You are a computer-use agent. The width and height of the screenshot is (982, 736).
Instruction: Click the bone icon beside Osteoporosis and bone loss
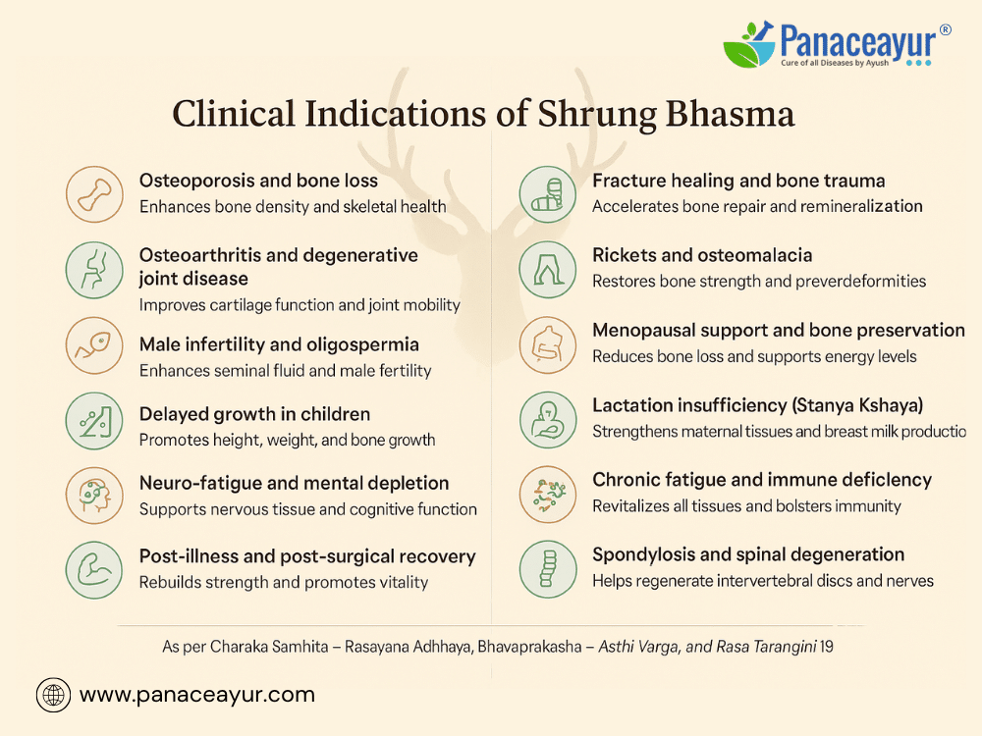pos(94,194)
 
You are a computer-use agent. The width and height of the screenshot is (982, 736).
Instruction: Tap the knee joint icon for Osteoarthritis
pos(94,270)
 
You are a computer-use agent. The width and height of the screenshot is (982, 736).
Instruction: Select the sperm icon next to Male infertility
pos(94,345)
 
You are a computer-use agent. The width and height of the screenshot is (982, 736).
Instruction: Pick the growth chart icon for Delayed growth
pos(94,421)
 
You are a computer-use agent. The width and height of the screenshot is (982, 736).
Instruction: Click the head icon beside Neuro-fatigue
pos(94,495)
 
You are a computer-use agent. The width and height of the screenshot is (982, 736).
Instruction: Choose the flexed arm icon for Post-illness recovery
pos(94,569)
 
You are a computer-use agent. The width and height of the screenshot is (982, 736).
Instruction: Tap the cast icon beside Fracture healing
pos(547,194)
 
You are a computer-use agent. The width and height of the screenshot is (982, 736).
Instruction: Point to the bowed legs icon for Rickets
pos(547,270)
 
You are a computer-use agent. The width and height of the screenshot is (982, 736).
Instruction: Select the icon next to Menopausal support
pos(547,344)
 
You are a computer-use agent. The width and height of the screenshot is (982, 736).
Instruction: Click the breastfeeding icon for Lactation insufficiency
pos(547,420)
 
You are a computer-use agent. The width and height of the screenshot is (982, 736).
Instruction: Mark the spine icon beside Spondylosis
pos(547,569)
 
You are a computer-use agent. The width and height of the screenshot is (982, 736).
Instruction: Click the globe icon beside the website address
pos(53,695)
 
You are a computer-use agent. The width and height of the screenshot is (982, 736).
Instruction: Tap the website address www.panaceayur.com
pos(197,695)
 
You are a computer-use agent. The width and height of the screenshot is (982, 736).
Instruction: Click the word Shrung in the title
pos(596,115)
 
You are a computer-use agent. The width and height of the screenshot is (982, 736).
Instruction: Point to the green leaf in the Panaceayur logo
pos(740,54)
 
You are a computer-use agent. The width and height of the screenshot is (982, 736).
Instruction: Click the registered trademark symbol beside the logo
pos(945,29)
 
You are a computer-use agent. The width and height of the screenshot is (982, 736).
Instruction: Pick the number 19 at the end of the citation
pos(826,647)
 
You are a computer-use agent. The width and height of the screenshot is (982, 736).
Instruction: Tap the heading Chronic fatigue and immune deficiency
pos(762,480)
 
